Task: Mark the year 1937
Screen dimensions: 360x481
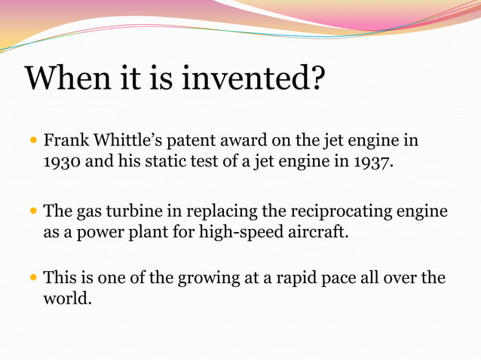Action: click(372, 163)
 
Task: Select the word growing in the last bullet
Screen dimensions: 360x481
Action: click(207, 279)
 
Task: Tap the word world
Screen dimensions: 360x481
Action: click(67, 299)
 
